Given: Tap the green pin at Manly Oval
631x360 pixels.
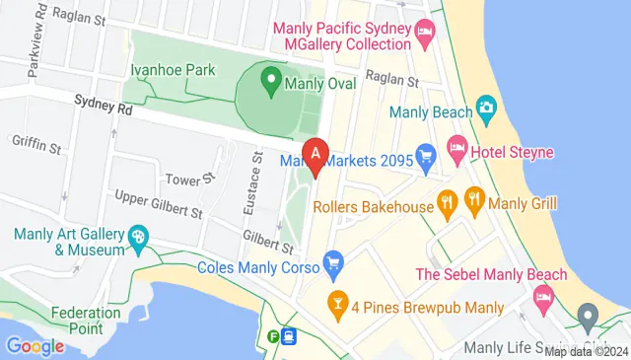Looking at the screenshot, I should [x=268, y=79].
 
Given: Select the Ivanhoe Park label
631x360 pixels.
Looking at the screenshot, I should [x=175, y=71].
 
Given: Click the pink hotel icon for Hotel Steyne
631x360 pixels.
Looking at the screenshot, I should [x=457, y=151].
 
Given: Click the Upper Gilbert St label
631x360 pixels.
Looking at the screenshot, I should [x=158, y=205].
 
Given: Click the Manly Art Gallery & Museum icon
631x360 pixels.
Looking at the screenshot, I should [x=138, y=237].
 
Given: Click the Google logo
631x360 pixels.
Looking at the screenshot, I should [x=35, y=346].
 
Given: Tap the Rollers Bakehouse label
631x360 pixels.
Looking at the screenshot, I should [x=373, y=206].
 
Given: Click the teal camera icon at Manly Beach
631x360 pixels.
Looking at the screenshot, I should [x=485, y=107].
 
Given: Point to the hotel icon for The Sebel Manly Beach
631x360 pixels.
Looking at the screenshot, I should [x=542, y=295].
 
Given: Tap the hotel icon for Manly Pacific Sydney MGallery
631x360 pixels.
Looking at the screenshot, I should [x=425, y=33].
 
